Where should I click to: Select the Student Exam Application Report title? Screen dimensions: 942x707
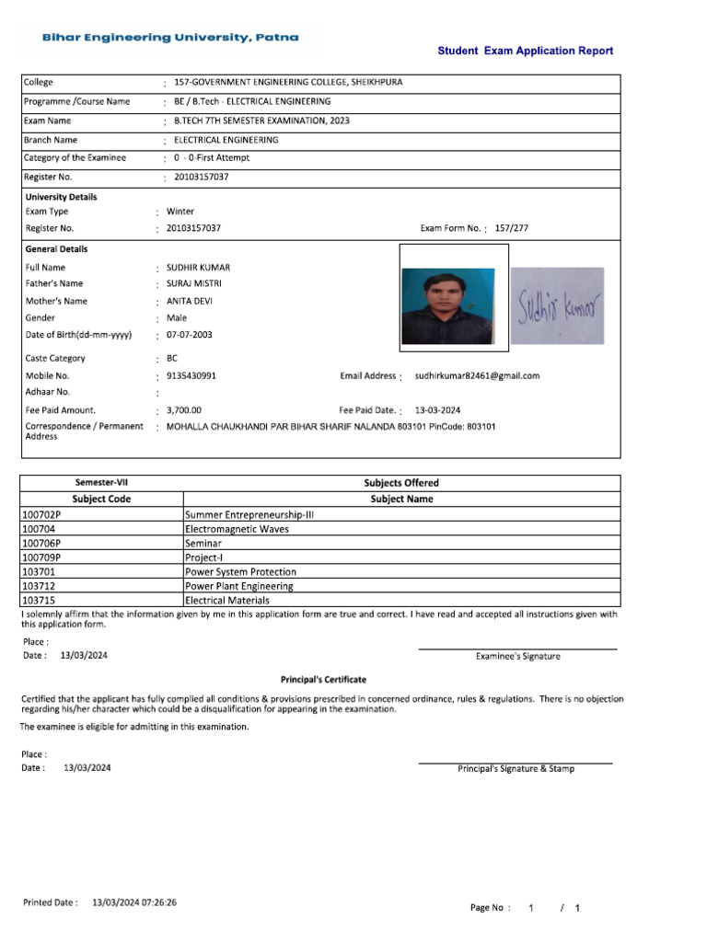coord(525,52)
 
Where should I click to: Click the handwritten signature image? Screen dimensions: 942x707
coord(557,305)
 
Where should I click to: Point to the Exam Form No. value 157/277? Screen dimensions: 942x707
coord(512,228)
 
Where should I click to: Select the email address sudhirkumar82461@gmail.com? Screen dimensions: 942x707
coord(477,375)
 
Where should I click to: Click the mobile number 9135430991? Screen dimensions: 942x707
coord(191,375)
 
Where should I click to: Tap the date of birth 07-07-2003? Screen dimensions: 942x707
coord(189,335)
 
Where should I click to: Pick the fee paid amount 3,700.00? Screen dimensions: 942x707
coord(184,410)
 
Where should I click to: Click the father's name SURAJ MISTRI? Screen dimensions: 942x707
coord(193,283)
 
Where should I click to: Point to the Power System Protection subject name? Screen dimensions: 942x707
coord(240,571)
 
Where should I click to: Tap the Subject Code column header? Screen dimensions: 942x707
coord(101,499)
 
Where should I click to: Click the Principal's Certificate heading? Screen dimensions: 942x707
coord(323,680)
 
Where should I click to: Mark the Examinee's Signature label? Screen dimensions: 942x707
coord(517,656)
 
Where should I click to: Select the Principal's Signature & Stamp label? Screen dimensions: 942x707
coord(516,768)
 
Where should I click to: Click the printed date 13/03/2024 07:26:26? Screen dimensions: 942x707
coord(134,902)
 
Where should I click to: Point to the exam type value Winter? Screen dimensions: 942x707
coord(180,211)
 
